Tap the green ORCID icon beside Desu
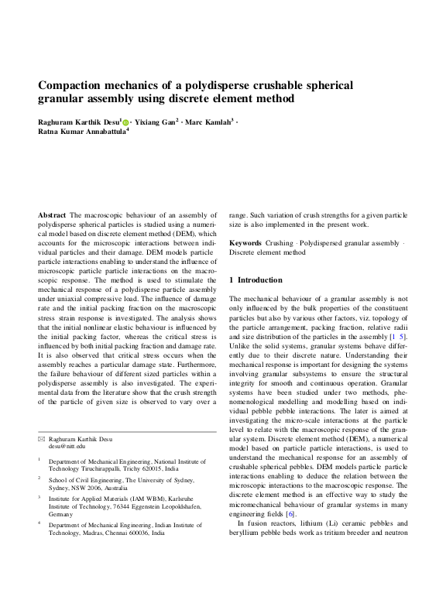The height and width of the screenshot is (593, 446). click(125, 122)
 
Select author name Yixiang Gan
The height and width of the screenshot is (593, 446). click(158, 122)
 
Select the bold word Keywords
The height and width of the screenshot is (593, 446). click(247, 243)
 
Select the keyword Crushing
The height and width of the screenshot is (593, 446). click(280, 243)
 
